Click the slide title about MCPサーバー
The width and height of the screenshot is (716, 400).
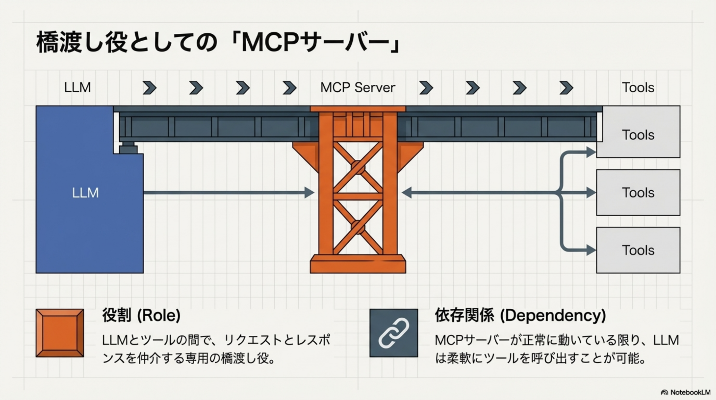tap(219, 42)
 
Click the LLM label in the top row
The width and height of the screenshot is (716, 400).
tap(77, 87)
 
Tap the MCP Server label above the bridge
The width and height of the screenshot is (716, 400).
tap(358, 87)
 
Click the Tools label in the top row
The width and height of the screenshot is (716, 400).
tap(638, 87)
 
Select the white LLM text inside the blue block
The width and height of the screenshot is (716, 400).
tap(85, 193)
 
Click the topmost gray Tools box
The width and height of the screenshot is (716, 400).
tap(638, 135)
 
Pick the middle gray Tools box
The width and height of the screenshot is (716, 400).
tap(638, 192)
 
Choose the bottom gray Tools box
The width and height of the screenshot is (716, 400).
tap(638, 250)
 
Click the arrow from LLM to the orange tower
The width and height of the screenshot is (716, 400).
tap(225, 192)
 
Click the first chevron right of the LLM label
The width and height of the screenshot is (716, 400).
tap(150, 88)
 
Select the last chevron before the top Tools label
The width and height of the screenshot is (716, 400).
tap(566, 88)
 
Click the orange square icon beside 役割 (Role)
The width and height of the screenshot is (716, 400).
tap(60, 333)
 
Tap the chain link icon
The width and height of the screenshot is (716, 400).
tap(394, 333)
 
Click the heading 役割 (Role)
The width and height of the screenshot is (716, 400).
tap(141, 315)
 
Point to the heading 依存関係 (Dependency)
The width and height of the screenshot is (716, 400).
tap(520, 315)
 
